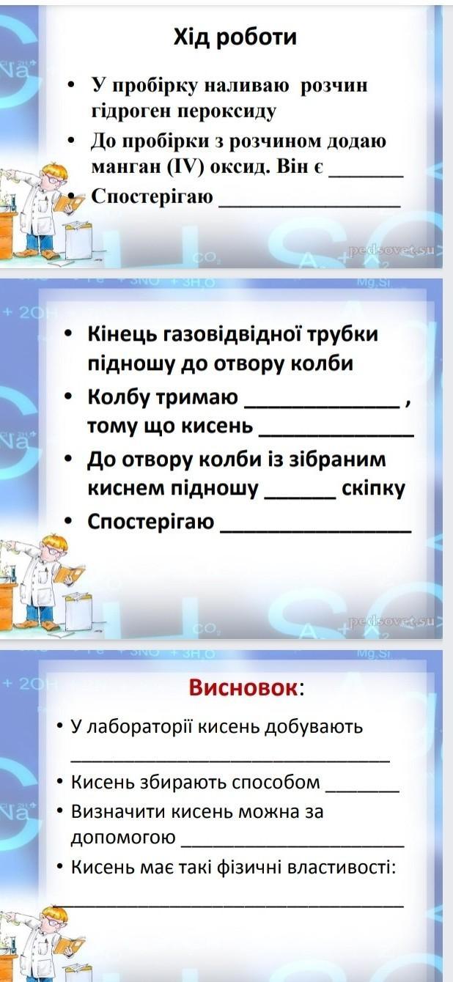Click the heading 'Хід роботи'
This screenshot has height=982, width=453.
pos(235,37)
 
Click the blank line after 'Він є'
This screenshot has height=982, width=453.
pos(366,175)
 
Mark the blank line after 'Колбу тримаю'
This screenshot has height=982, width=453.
pos(322,407)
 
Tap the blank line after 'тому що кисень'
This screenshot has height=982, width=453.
pos(336,435)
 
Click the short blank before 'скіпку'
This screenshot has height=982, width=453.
pos(301,497)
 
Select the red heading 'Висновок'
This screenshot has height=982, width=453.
pos(243,687)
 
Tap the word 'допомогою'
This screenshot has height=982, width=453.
pos(123,838)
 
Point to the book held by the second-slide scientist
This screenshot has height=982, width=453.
pos(69,573)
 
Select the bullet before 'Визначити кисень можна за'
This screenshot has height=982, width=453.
pos(60,811)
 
